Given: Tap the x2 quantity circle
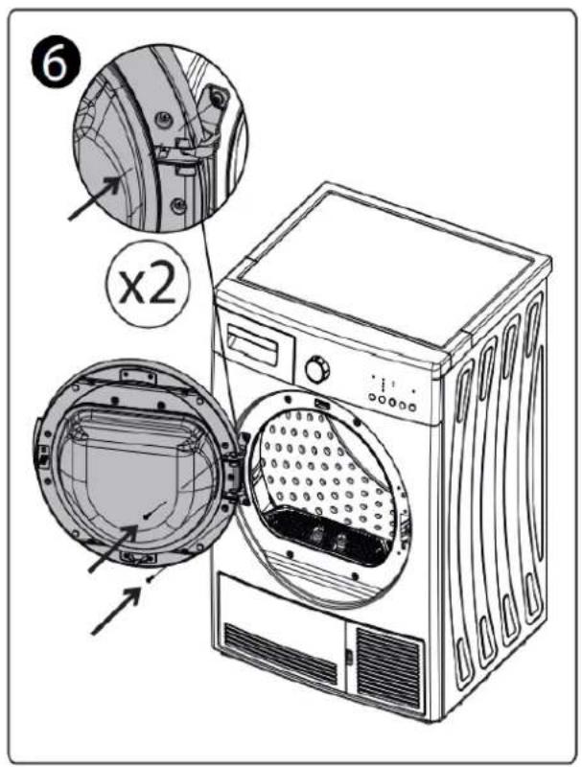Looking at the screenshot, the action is coord(149,284).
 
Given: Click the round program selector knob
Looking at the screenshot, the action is coord(317,370).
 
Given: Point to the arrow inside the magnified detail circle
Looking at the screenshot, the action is coord(95,198).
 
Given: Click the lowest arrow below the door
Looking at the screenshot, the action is coord(117,612).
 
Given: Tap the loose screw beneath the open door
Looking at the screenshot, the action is coord(150,579).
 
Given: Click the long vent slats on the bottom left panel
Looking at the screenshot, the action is coord(280,654).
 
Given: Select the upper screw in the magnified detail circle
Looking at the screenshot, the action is coord(163,117).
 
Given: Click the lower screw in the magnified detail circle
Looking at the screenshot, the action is coord(178,204).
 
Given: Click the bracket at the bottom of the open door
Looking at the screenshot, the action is coord(138,557).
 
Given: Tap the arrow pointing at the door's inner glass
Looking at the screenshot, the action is coord(113,547).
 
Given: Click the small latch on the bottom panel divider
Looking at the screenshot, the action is coord(349,657).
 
